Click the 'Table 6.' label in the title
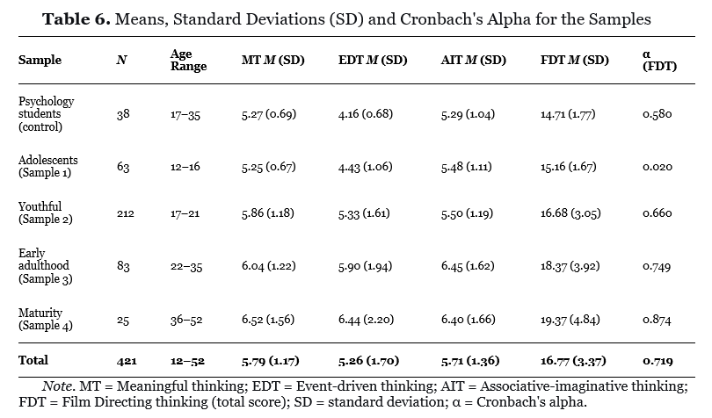76,19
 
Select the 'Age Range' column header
188,60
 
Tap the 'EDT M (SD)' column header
373,60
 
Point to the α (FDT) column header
659,61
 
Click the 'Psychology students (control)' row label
47,114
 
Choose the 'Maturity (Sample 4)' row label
46,319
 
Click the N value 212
126,213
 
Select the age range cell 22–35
186,266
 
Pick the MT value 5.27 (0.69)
269,114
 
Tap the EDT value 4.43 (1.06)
365,167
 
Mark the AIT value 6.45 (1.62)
468,266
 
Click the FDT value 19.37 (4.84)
570,320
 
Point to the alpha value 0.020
657,167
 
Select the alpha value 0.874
657,320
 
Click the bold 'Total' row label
33,360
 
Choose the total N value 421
127,361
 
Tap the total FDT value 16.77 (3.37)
573,361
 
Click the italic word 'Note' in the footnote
57,386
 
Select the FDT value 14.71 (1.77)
568,114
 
